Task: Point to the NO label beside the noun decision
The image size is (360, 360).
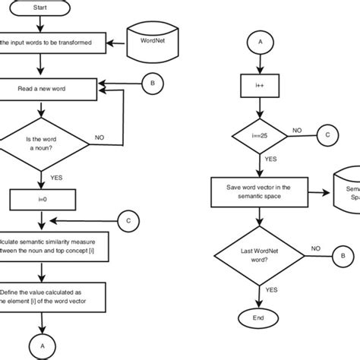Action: pyautogui.click(x=99, y=137)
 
